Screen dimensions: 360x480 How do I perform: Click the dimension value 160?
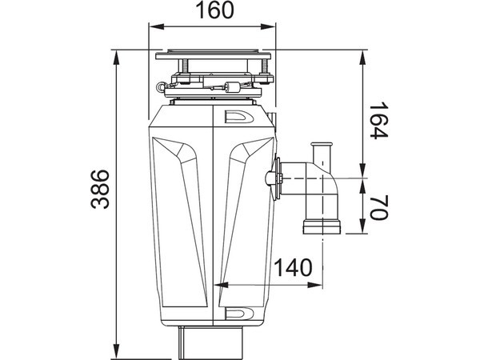point(214,11)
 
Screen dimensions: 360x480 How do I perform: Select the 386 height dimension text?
point(99,189)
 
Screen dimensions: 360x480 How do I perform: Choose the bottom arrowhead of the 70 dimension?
point(364,230)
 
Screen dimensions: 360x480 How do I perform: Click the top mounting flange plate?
point(214,56)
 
